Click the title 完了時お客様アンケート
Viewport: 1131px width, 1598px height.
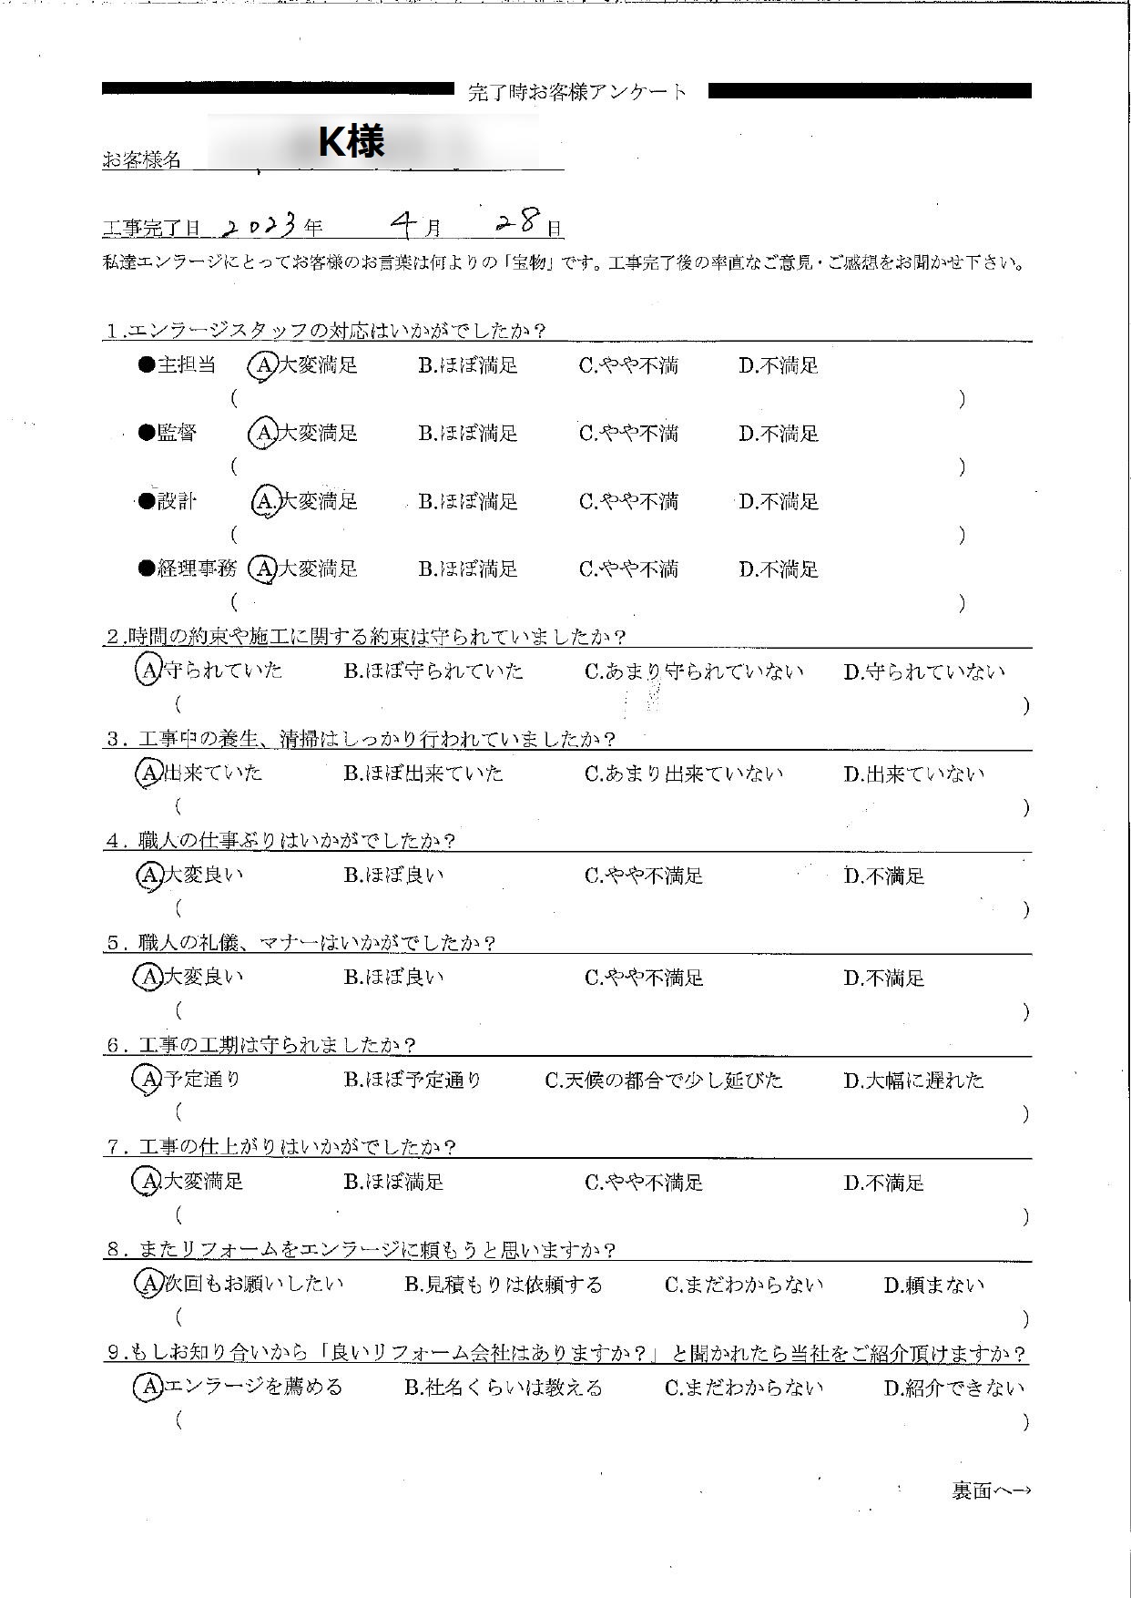[578, 92]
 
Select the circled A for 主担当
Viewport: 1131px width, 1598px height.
[262, 365]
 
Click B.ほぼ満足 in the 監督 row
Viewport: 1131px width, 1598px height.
[468, 434]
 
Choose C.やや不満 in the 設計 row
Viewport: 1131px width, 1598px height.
[628, 501]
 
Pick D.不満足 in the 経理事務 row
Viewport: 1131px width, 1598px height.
[779, 569]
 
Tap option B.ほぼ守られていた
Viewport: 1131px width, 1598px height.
[433, 671]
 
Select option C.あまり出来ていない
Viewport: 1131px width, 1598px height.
[683, 774]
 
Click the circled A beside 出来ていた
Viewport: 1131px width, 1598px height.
[148, 773]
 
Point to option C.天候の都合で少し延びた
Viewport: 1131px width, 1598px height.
[663, 1081]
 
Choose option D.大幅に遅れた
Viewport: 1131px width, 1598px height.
[913, 1081]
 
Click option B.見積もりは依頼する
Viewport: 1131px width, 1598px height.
[504, 1286]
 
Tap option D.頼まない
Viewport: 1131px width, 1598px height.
[934, 1286]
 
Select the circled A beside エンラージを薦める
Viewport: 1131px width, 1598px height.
[148, 1388]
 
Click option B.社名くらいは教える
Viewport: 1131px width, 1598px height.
[504, 1388]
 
